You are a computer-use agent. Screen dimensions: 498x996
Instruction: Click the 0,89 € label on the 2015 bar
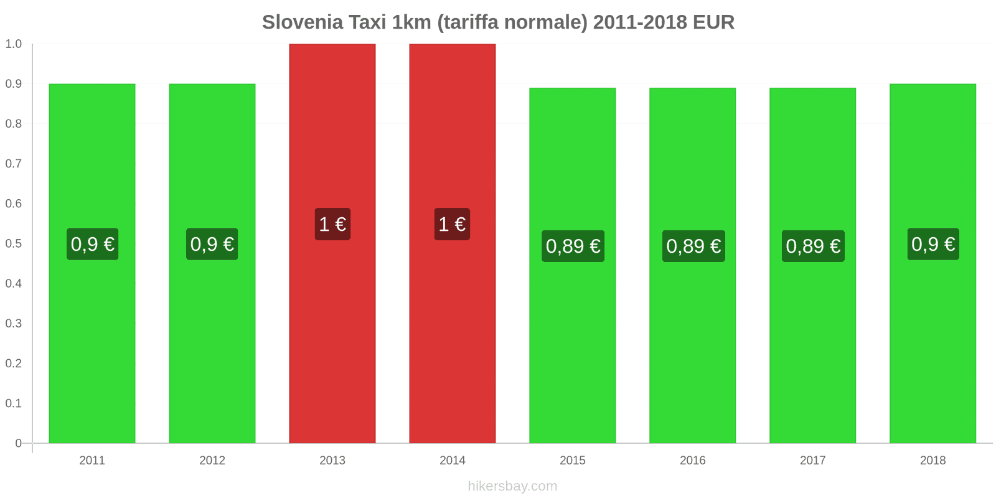[573, 246]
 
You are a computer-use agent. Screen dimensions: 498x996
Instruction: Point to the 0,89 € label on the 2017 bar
[813, 246]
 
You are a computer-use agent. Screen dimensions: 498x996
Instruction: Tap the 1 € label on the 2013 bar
[332, 224]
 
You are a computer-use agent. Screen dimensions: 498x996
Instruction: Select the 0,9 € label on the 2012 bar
[212, 244]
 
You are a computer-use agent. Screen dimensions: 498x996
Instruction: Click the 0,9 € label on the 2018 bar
[933, 244]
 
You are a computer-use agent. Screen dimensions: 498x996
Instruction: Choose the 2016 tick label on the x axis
[692, 461]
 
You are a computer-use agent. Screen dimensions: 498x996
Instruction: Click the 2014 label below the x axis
[453, 461]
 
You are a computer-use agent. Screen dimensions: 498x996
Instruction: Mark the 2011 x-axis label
[92, 461]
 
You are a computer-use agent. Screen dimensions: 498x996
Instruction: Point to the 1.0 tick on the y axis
[14, 44]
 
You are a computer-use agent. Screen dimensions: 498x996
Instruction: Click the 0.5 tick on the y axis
[14, 243]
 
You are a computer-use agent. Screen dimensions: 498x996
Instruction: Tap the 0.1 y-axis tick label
[14, 403]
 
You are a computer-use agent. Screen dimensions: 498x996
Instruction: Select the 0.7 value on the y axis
[14, 164]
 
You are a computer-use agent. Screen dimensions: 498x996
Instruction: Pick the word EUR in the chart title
[713, 22]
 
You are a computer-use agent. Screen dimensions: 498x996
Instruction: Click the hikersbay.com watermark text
[512, 486]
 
